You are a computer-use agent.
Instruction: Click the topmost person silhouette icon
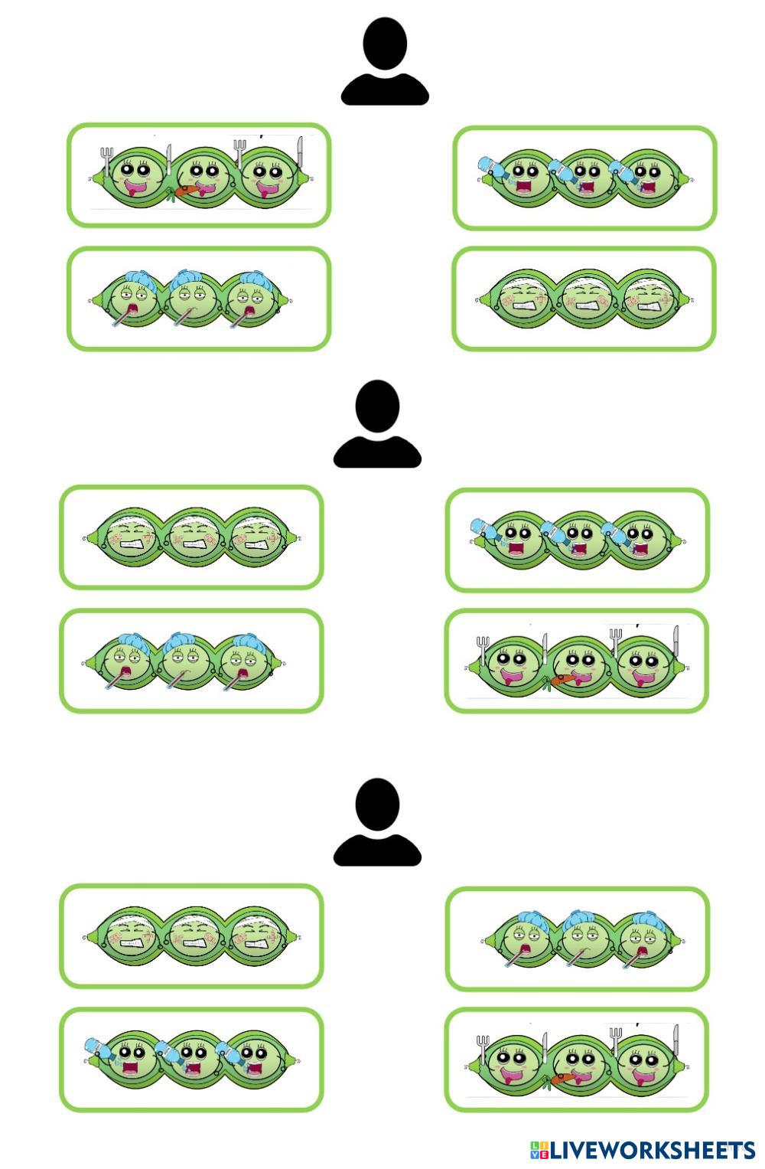pos(384,63)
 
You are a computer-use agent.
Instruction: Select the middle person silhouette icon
pos(377,425)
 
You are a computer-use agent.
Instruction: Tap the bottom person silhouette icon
pos(377,823)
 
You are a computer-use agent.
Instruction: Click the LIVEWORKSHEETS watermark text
pos(653,1150)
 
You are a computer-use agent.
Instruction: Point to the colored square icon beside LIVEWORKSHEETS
pos(539,1150)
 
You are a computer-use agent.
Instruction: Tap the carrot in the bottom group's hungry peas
pos(562,1079)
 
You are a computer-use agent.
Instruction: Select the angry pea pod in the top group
pos(584,299)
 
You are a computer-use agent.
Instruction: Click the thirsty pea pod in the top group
pos(584,178)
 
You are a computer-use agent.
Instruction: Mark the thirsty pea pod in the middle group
pos(577,540)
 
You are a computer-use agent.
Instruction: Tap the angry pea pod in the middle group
pos(191,537)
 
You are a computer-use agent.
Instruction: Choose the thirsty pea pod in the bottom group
pos(191,1060)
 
